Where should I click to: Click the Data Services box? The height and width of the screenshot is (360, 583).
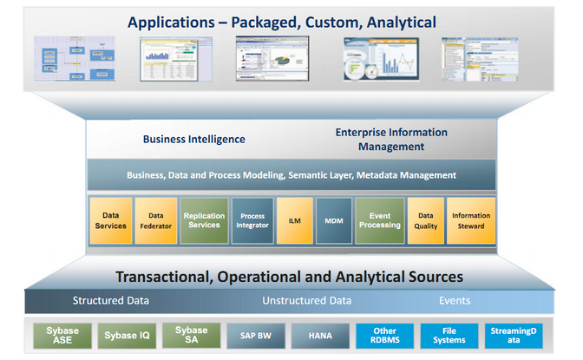(111, 220)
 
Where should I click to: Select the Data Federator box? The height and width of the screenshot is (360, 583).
(156, 220)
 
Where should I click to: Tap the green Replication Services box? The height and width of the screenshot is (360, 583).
(204, 220)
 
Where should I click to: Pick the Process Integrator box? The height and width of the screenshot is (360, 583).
(252, 220)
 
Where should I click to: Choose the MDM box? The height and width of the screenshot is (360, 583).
(334, 220)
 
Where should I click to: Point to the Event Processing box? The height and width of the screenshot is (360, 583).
(380, 220)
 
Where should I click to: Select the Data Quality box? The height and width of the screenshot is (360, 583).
(426, 220)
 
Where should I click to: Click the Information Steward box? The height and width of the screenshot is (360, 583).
(471, 220)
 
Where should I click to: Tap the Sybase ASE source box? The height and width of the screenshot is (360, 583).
(62, 335)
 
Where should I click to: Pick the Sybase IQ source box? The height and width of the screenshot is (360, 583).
(126, 335)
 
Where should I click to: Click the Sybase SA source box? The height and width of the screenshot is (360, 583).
(191, 335)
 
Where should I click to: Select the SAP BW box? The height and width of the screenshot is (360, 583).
(255, 335)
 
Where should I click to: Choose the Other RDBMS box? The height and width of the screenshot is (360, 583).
(384, 335)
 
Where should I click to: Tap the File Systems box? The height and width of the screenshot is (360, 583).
(449, 335)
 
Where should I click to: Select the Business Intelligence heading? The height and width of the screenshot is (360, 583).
(193, 139)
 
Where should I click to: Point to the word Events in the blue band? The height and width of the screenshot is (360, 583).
(455, 301)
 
